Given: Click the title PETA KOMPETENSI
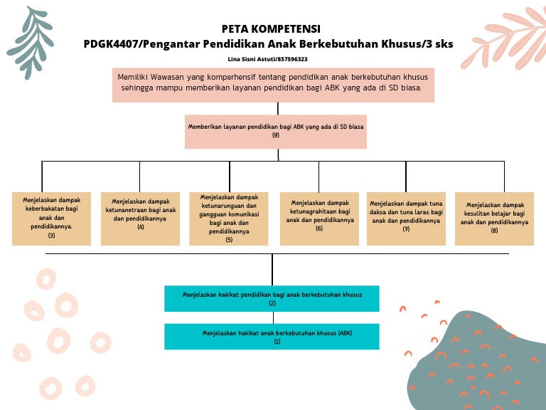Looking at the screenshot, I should [271, 29].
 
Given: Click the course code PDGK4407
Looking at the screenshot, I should [109, 44].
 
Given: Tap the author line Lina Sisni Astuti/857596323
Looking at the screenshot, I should [268, 59].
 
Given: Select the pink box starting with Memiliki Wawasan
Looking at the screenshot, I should [273, 85].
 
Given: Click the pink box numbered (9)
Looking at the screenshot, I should [275, 131].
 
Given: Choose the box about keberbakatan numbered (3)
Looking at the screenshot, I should [51, 219].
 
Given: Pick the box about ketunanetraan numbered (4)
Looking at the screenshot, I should [140, 219].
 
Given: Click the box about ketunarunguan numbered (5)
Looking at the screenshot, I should [229, 219].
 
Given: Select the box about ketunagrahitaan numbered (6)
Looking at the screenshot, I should [319, 219].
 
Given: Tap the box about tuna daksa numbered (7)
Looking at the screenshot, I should [406, 219].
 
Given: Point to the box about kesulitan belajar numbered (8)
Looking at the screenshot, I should [494, 219].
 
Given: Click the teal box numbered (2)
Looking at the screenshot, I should [272, 298].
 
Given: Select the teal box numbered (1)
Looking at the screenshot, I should [272, 337].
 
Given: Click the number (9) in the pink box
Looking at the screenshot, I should [276, 135].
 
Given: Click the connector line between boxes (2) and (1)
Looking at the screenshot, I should [272, 317].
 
